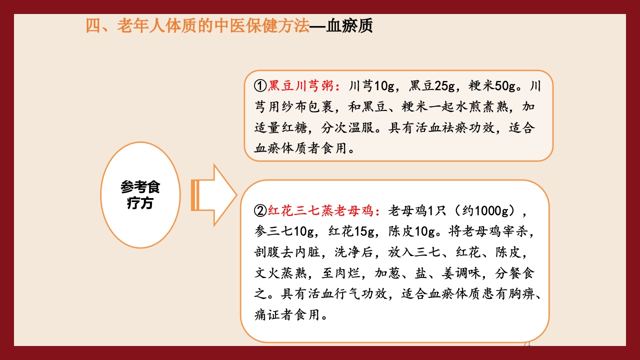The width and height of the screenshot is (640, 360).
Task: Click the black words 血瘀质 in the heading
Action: (x=349, y=26)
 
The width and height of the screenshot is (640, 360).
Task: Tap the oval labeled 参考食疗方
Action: (x=140, y=195)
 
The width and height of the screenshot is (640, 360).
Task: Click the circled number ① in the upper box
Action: (x=260, y=86)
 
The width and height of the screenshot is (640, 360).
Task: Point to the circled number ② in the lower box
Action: (x=260, y=211)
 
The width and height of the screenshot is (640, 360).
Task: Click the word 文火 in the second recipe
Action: (x=267, y=273)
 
